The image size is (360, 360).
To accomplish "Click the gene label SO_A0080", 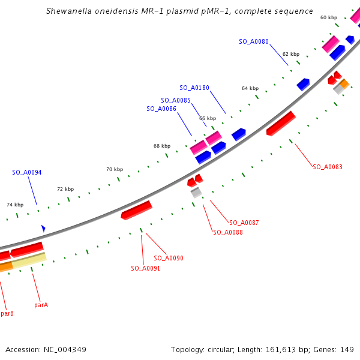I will point(254,42).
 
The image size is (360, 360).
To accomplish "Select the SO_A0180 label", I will point(194,88).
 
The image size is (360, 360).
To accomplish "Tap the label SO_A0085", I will point(176,100).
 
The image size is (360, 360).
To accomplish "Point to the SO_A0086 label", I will point(161,109).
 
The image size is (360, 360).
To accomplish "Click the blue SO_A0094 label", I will point(27,173).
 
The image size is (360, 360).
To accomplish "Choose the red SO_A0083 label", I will point(328,167).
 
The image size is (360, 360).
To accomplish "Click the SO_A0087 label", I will point(244,223).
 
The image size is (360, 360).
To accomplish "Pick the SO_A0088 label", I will point(228,232).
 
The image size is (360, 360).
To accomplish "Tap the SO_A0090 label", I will point(169,258).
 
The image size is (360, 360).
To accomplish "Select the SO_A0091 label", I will point(146,268).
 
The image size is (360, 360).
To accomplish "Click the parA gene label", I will point(41,305).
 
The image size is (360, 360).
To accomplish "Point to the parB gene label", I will point(7,313).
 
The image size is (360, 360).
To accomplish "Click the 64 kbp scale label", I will point(250,88).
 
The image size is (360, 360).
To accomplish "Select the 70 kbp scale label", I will point(115,169).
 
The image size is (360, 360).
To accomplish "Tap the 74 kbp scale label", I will point(15,205).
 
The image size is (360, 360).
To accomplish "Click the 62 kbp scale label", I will point(290,53).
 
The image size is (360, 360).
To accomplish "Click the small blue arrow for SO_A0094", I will point(43,229).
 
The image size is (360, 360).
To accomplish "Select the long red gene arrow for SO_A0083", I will point(281,123).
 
